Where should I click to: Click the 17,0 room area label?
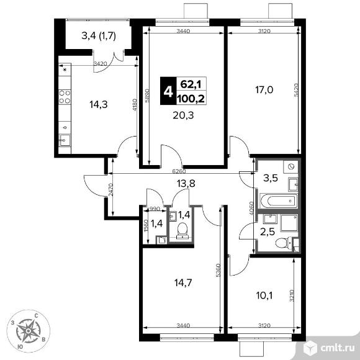[264, 90]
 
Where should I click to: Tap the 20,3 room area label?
[183, 115]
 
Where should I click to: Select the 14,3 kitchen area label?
[99, 105]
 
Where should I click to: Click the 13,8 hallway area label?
[186, 184]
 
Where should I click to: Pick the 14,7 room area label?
[183, 282]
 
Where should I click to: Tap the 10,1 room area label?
[264, 295]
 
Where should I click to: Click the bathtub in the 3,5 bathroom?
[279, 201]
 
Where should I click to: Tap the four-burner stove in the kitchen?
[65, 97]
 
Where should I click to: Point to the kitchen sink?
[65, 140]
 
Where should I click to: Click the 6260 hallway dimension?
[179, 171]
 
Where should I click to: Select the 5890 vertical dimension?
[148, 96]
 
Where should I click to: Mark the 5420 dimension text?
[296, 90]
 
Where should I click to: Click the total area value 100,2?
[191, 99]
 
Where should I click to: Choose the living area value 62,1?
[191, 84]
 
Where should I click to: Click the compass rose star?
[28, 331]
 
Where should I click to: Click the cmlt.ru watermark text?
[338, 348]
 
